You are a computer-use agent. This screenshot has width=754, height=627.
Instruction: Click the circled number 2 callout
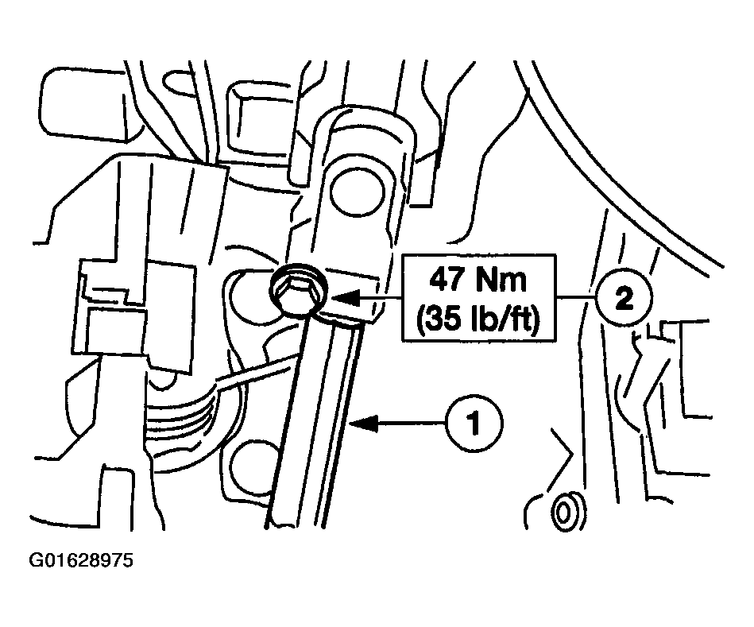tap(624, 299)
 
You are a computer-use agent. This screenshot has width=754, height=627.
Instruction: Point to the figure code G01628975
tap(81, 561)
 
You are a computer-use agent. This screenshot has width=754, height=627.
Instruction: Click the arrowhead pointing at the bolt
tap(345, 298)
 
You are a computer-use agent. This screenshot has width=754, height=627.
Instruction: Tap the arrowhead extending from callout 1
tap(365, 423)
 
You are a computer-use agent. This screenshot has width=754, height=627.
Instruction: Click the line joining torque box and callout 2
tap(575, 299)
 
